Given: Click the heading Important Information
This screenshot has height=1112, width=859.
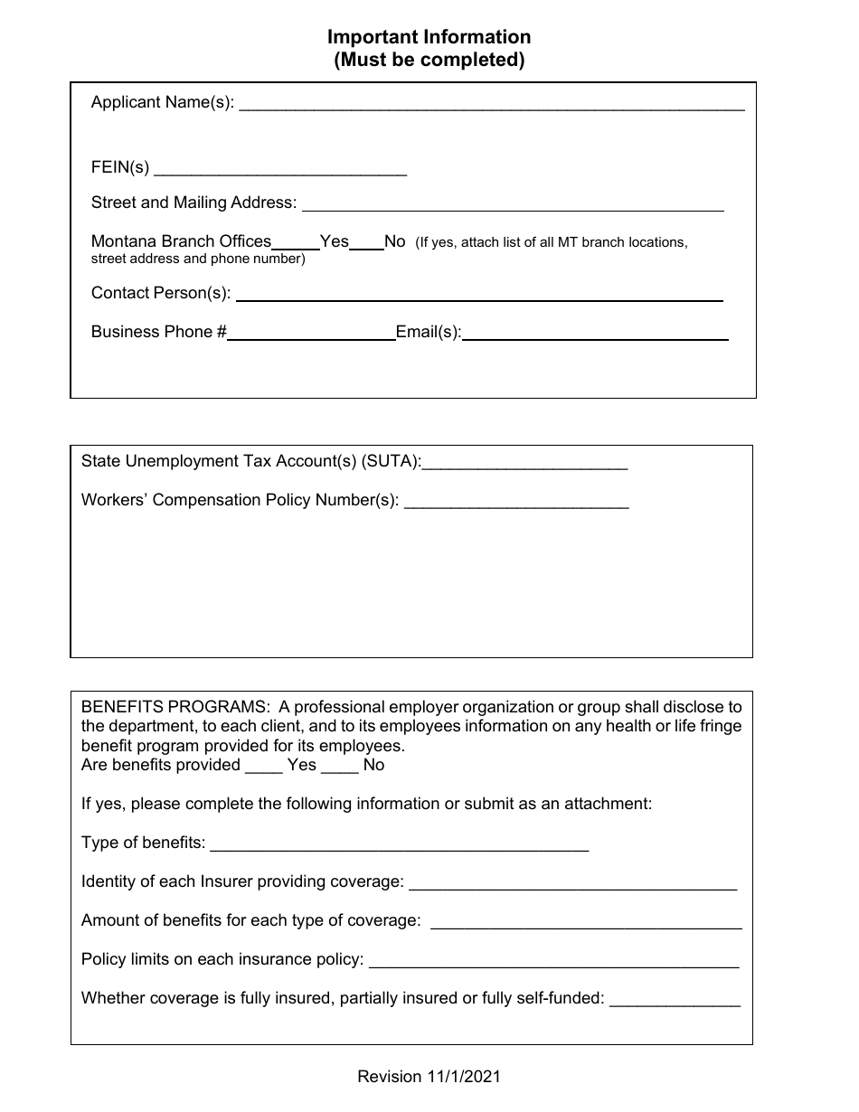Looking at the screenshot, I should tap(429, 37).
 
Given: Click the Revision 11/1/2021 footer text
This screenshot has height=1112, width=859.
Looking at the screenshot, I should tap(429, 1077).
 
